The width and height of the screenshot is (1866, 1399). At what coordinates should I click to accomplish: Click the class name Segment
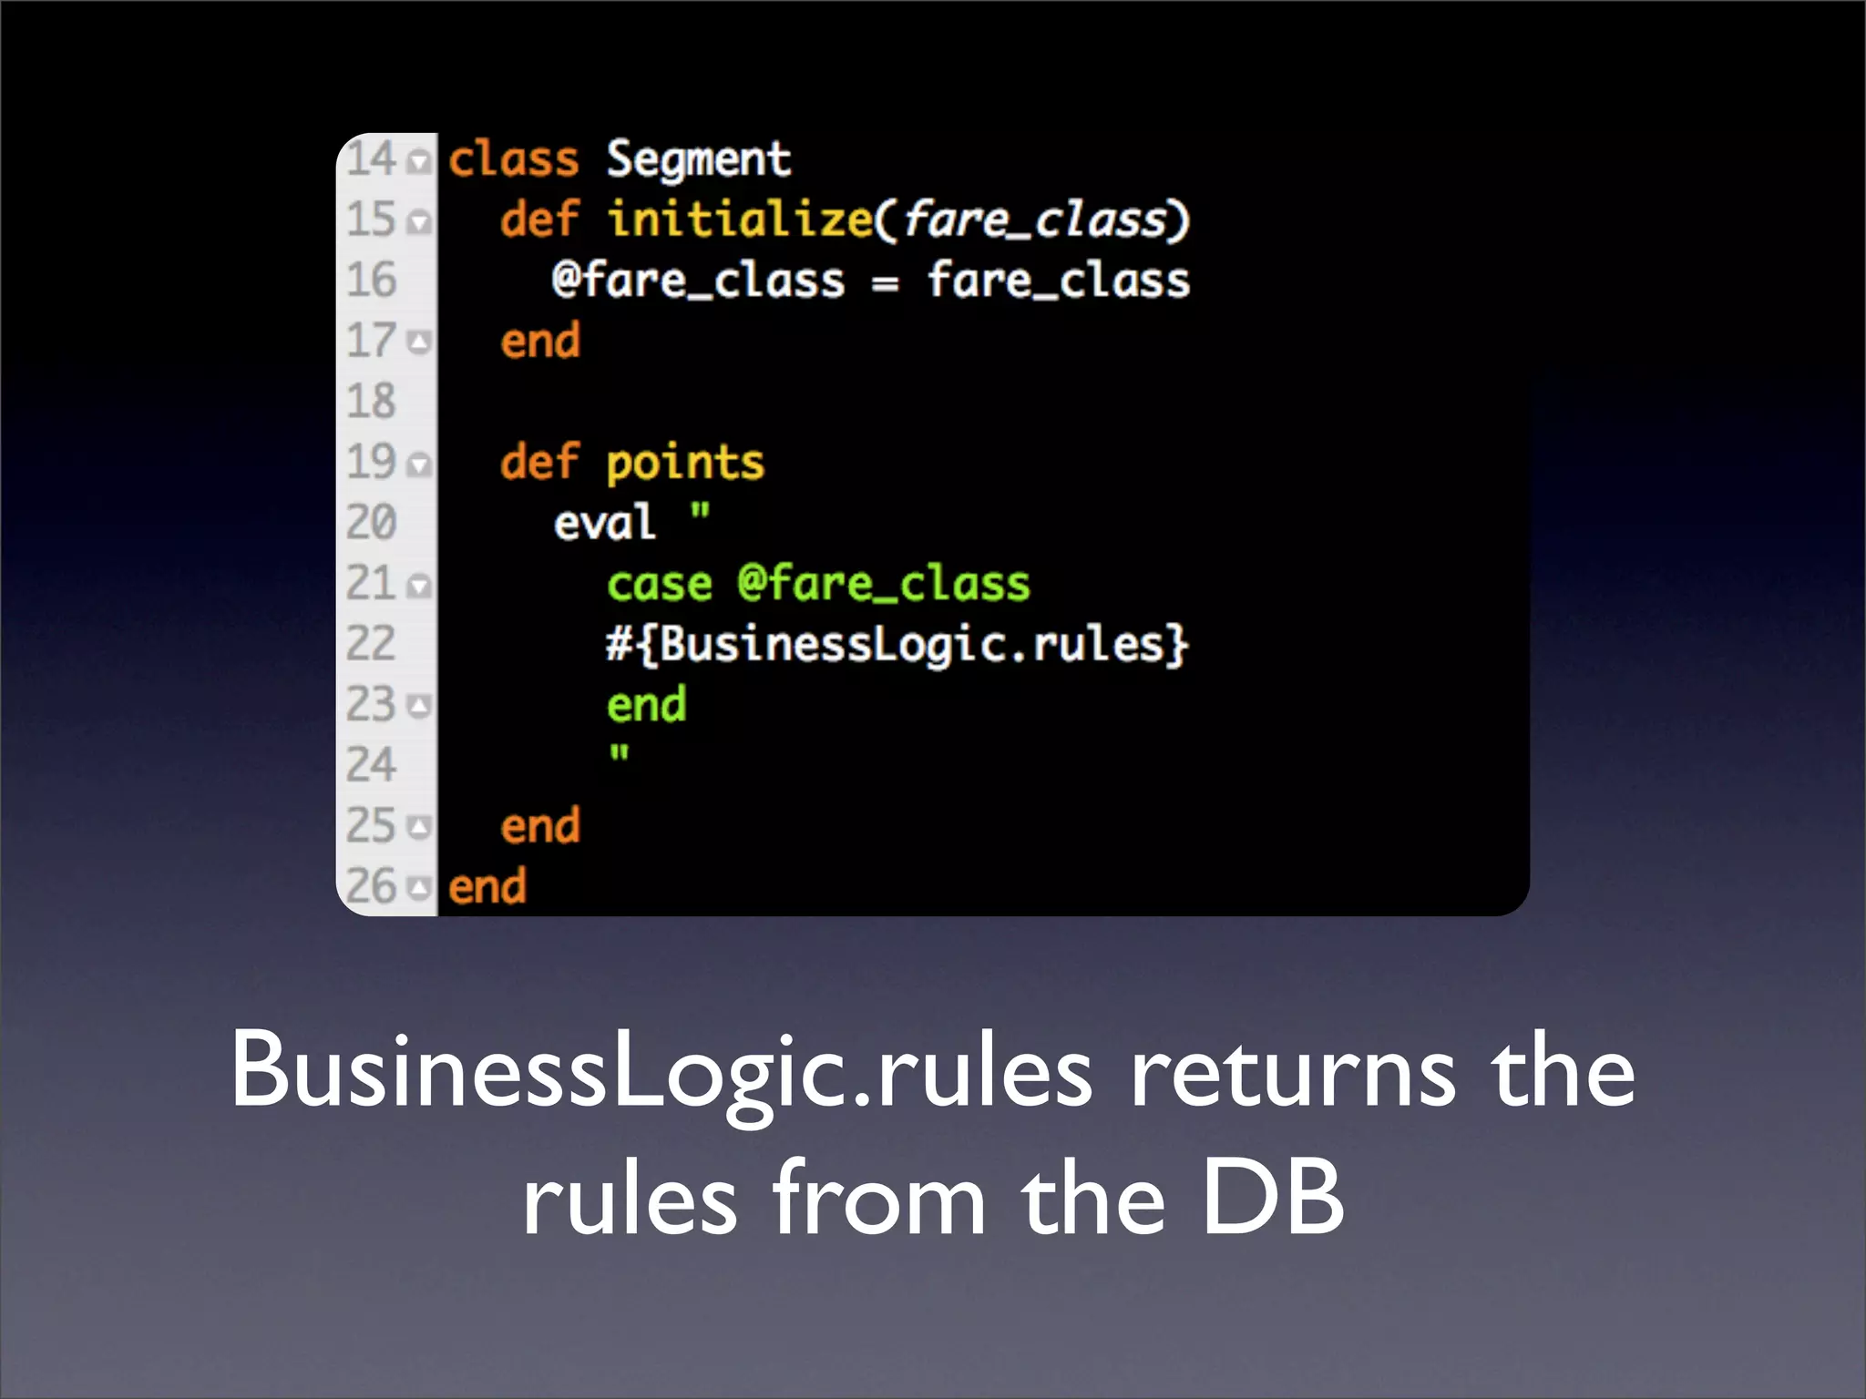coord(699,161)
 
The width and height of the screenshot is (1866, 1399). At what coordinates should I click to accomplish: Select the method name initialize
coord(740,220)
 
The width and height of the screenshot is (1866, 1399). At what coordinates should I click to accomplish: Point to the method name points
coord(685,464)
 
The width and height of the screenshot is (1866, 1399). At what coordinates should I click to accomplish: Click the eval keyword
coord(604,524)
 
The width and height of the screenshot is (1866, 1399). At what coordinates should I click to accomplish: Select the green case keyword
coord(659,584)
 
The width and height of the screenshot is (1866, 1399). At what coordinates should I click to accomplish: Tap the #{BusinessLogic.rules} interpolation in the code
coord(897,645)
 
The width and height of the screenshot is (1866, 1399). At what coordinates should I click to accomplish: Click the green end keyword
coord(646,706)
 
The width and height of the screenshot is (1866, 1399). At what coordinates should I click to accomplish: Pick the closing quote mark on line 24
coord(620,754)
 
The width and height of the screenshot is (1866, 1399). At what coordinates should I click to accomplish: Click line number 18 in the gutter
coord(371,402)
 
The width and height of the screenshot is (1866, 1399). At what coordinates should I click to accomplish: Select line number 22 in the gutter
coord(371,644)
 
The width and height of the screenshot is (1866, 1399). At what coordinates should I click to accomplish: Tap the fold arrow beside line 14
coord(419,162)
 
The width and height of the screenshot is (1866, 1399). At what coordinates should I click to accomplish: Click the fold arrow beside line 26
coord(419,887)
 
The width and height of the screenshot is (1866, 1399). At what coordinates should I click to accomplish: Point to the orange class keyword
coord(514,160)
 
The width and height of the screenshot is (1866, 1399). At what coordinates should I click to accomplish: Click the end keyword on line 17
coord(540,342)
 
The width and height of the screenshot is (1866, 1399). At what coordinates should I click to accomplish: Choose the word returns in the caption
coord(1293,1072)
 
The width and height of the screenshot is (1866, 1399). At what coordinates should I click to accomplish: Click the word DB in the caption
coord(1272,1198)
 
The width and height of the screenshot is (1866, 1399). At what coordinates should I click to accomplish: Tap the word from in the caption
coord(879,1198)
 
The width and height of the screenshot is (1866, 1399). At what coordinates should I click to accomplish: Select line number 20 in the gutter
coord(371,523)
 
